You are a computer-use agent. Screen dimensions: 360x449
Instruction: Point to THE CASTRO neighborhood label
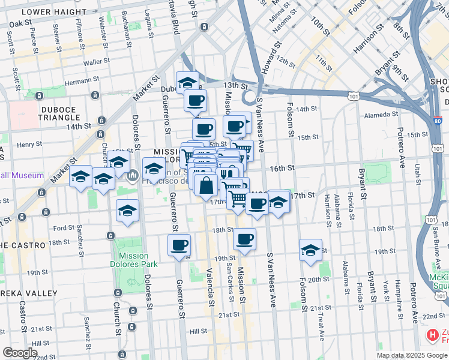(23, 245)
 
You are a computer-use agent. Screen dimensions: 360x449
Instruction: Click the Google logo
(20, 353)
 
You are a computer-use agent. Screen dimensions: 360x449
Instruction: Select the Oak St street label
(20, 23)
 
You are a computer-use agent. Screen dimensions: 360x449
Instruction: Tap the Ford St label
(63, 228)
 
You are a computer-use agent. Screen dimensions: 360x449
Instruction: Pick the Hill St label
(198, 331)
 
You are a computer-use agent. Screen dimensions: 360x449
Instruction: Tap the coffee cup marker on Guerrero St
(179, 245)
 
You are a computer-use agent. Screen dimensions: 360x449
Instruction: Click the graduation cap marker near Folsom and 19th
(310, 250)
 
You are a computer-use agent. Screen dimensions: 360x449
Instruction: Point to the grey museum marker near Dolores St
(133, 176)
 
